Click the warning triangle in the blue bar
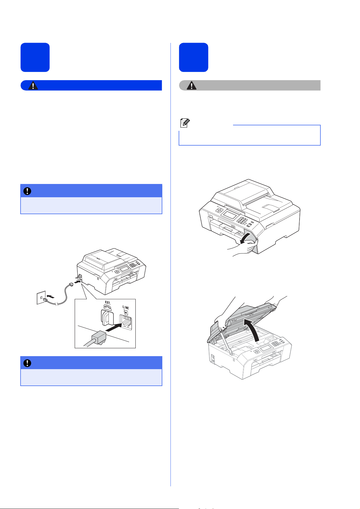tap(33, 85)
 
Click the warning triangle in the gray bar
tap(191, 85)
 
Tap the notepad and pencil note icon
tap(185, 123)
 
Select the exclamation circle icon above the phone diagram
tap(27, 191)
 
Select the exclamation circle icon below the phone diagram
tap(27, 363)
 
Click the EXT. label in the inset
tap(108, 303)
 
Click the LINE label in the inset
tap(126, 308)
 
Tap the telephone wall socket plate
tap(41, 297)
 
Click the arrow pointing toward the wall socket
tap(50, 297)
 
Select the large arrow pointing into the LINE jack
tap(114, 327)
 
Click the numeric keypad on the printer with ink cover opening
tap(242, 220)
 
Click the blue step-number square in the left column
tap(35, 57)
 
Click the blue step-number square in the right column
tap(193, 57)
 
